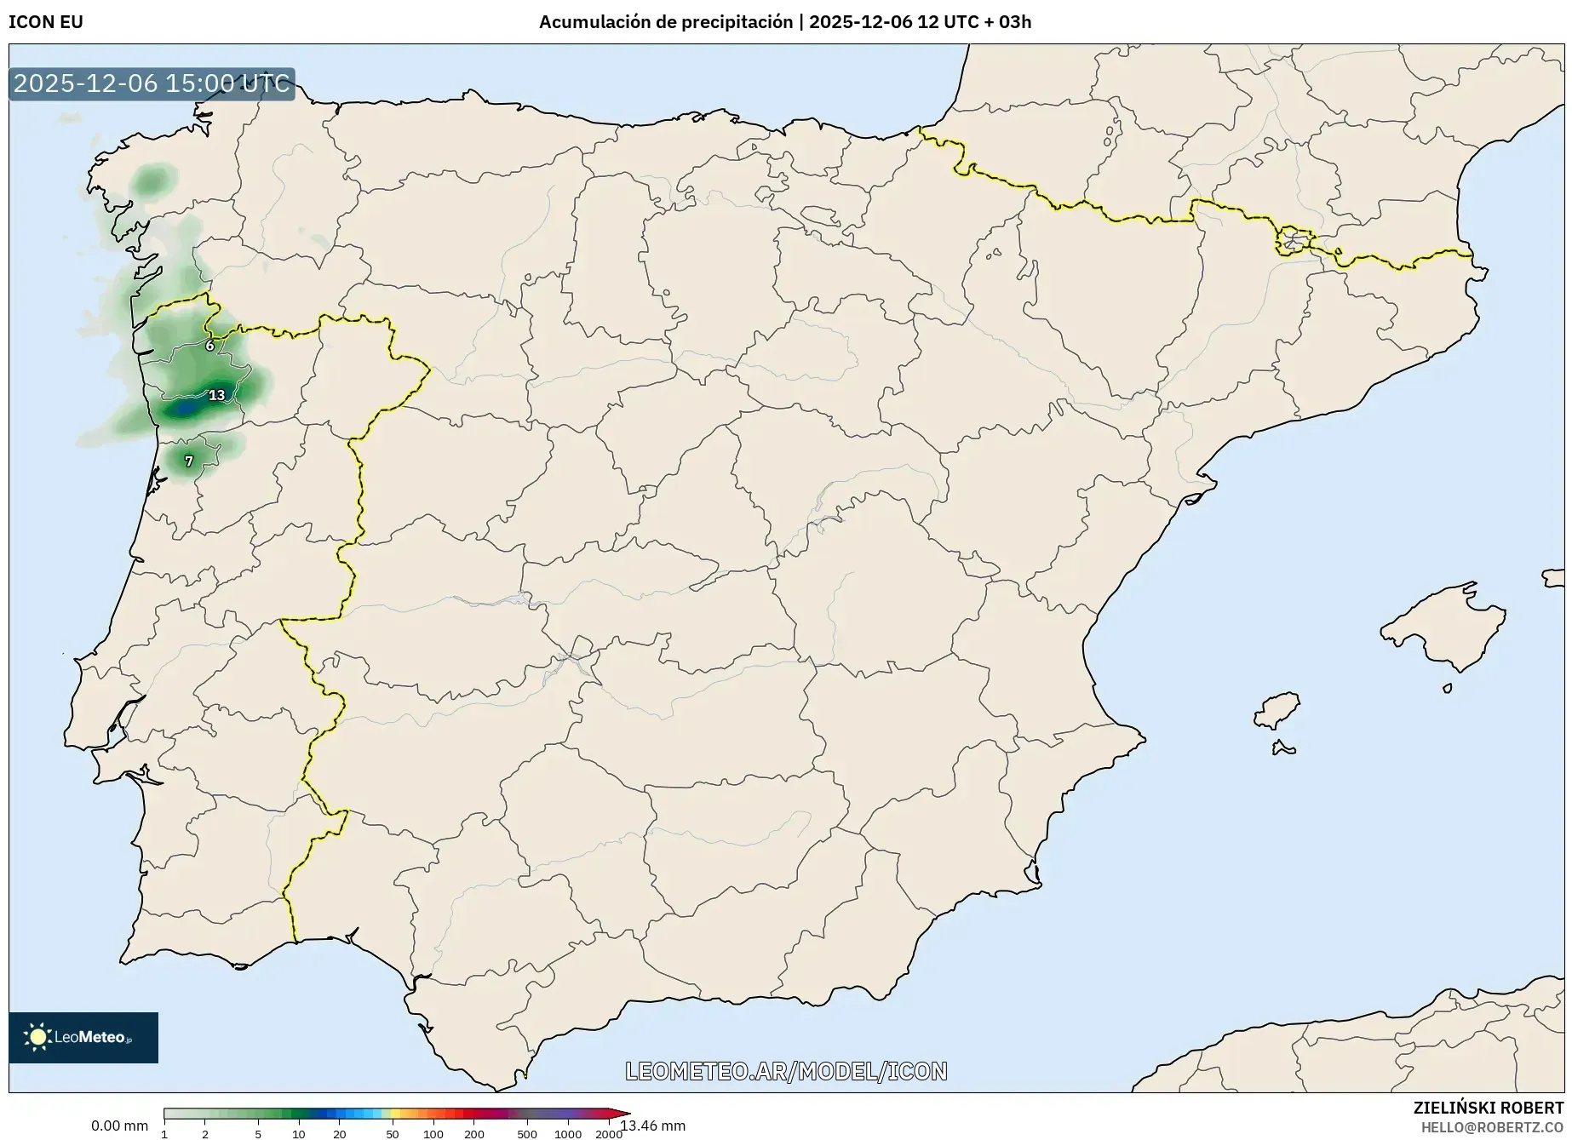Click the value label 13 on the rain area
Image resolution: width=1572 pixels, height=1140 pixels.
[x=217, y=395]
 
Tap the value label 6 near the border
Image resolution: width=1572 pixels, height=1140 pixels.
[x=210, y=346]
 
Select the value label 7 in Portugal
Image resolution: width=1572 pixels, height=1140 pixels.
[x=189, y=461]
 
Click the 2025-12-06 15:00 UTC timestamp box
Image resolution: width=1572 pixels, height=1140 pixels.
[x=152, y=83]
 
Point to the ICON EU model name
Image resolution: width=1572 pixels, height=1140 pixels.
[x=46, y=22]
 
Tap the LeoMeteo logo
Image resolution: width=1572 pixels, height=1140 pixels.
[x=83, y=1037]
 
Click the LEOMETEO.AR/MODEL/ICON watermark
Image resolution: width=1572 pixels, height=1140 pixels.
[x=786, y=1071]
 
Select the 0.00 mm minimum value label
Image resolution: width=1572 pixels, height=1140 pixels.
[x=119, y=1126]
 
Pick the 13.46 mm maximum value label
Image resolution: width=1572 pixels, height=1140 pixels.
[x=653, y=1126]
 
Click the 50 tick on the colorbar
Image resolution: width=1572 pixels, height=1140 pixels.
[x=392, y=1134]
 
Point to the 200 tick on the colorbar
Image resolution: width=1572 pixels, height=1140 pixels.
[x=474, y=1134]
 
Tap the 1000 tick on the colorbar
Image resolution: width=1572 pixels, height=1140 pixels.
[x=568, y=1134]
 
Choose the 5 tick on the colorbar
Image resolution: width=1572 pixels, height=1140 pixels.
[x=258, y=1134]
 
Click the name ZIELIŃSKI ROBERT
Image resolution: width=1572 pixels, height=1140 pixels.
[x=1489, y=1108]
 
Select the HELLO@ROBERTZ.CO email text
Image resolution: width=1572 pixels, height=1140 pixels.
[x=1492, y=1127]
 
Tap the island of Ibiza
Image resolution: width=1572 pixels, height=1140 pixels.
[x=1278, y=709]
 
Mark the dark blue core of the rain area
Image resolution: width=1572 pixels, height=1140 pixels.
[x=183, y=410]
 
